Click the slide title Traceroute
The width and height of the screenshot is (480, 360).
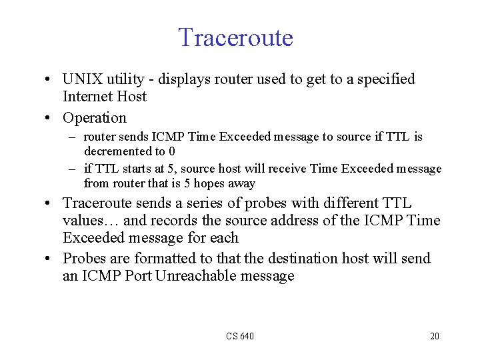(x=235, y=37)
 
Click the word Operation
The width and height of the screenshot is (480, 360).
(x=94, y=118)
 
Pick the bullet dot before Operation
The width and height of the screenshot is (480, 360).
(x=51, y=119)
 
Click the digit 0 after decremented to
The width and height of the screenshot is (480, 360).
(x=172, y=151)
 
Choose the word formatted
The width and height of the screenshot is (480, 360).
(x=171, y=258)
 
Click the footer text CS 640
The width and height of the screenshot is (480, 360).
(x=240, y=336)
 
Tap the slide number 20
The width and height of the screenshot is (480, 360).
(x=435, y=336)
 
